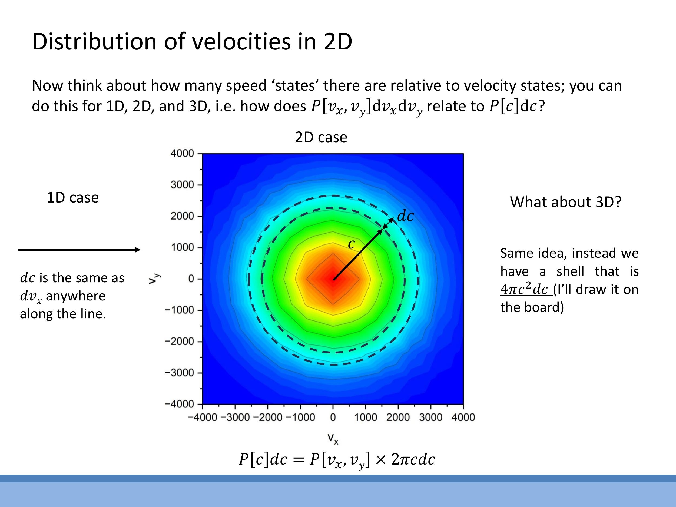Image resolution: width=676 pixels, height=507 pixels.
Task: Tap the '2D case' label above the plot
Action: coord(321,137)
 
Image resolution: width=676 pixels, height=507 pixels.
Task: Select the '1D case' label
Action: coord(73,197)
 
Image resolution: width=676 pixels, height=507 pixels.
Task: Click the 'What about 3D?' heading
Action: coord(566,202)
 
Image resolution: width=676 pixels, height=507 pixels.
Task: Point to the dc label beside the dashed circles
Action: coord(405,216)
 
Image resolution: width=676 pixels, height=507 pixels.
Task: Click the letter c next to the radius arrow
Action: coord(352,244)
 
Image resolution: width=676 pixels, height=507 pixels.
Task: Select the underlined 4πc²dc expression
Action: coord(526,289)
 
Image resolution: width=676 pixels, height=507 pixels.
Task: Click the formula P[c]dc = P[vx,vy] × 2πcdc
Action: coord(336,459)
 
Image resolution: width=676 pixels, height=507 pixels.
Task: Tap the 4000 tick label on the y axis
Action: coord(182,153)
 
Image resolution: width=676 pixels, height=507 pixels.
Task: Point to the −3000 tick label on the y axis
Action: coord(179,373)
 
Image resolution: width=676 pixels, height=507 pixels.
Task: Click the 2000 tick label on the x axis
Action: coord(398,417)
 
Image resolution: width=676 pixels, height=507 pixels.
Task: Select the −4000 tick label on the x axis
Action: coord(202,417)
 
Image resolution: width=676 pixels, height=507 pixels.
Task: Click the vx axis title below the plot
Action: coord(333,438)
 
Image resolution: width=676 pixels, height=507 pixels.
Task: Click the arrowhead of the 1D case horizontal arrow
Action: coord(138,250)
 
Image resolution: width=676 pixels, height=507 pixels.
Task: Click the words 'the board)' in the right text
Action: coord(532,307)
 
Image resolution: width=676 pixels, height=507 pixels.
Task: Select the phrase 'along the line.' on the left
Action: coord(63,314)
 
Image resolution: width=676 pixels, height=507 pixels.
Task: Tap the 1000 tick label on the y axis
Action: coord(182,247)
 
